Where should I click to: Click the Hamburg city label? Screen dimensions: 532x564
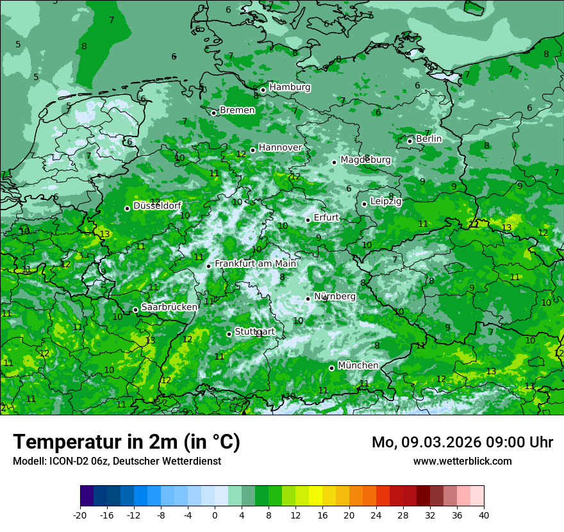(290, 87)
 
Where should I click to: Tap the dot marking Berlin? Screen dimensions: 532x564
(410, 141)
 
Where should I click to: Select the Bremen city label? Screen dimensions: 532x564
(237, 110)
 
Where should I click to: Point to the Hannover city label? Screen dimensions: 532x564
(280, 147)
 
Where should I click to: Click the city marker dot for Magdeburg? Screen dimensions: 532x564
(335, 162)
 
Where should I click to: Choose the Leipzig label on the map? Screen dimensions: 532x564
(386, 201)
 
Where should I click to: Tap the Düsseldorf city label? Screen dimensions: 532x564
(157, 206)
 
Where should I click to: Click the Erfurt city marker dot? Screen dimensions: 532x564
(308, 220)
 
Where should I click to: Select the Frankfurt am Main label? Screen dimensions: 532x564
(255, 263)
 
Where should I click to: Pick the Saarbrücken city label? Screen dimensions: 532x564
(169, 307)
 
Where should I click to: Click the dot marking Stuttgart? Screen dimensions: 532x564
(229, 334)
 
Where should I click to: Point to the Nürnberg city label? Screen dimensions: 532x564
(335, 296)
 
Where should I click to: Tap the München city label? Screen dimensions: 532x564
(358, 365)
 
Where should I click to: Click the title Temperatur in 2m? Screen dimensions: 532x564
(126, 442)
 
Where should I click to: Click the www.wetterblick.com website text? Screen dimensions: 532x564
(462, 461)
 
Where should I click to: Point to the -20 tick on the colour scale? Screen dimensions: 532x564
(80, 515)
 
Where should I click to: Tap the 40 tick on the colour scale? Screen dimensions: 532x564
(484, 515)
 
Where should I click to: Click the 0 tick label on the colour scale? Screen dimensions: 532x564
(215, 515)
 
